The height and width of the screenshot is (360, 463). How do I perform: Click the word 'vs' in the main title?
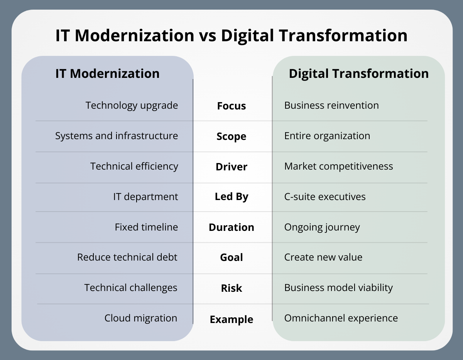pyautogui.click(x=207, y=36)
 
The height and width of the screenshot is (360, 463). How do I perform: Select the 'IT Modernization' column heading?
pyautogui.click(x=107, y=74)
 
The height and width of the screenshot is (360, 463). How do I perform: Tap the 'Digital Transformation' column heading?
pyautogui.click(x=358, y=74)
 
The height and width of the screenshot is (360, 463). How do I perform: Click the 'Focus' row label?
pyautogui.click(x=231, y=106)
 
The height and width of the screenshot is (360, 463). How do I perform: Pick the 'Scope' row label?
pyautogui.click(x=231, y=136)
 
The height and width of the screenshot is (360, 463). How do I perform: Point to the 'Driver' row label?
pyautogui.click(x=231, y=167)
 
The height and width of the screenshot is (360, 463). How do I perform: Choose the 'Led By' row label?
pyautogui.click(x=231, y=197)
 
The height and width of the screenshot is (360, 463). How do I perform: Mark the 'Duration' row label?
pyautogui.click(x=231, y=227)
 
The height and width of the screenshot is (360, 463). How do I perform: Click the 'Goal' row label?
pyautogui.click(x=231, y=257)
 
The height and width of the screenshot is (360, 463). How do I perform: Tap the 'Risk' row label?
pyautogui.click(x=231, y=288)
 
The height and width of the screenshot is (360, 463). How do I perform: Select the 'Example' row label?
pyautogui.click(x=231, y=320)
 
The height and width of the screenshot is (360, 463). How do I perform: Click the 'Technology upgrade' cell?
pyautogui.click(x=132, y=105)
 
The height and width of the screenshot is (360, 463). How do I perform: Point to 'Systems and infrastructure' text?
pyautogui.click(x=117, y=136)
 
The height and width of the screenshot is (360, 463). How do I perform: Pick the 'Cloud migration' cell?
pyautogui.click(x=141, y=318)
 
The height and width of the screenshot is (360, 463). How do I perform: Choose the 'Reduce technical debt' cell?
pyautogui.click(x=127, y=257)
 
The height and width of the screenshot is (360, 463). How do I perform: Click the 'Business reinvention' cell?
pyautogui.click(x=331, y=105)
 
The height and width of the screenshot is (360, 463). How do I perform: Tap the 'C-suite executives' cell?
pyautogui.click(x=325, y=197)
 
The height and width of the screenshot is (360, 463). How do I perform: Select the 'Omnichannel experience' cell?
pyautogui.click(x=341, y=318)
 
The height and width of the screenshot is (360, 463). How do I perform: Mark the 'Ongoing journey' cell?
pyautogui.click(x=322, y=227)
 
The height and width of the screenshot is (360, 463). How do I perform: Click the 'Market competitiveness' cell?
pyautogui.click(x=339, y=166)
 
